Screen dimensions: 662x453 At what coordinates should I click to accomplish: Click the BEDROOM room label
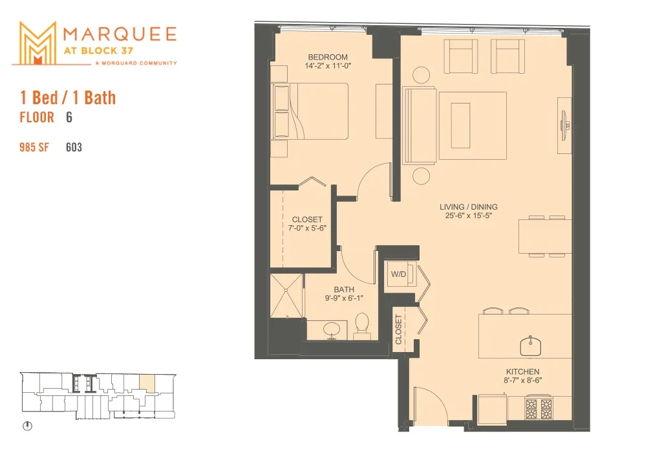(x=328, y=57)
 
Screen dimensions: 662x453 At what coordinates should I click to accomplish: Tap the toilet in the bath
(x=363, y=326)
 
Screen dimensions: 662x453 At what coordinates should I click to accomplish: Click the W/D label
(x=398, y=274)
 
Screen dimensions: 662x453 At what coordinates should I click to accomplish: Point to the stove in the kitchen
(x=539, y=408)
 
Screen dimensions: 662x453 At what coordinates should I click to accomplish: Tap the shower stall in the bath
(x=286, y=296)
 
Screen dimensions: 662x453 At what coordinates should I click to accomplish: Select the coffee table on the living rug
(x=460, y=126)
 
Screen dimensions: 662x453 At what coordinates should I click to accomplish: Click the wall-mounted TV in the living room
(x=564, y=126)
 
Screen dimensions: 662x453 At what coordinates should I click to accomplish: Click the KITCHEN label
(x=522, y=371)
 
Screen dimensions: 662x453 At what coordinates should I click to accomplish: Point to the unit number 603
(x=74, y=147)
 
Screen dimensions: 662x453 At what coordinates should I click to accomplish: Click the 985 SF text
(x=34, y=147)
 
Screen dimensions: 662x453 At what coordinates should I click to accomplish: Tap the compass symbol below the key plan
(x=27, y=426)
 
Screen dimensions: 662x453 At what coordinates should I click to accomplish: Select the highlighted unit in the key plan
(x=147, y=384)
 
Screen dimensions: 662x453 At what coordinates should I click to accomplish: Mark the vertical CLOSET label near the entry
(x=398, y=329)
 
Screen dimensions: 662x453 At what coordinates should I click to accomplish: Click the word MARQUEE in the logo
(x=120, y=34)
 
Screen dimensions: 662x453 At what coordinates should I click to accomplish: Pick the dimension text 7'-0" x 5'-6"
(x=307, y=228)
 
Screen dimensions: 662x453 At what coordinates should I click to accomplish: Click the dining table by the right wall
(x=545, y=236)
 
